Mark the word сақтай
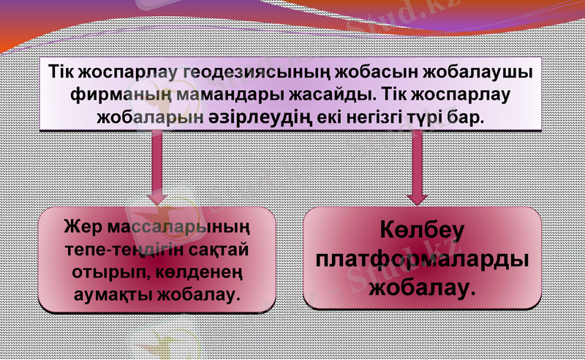coord(221,248)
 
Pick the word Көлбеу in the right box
coord(422,233)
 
